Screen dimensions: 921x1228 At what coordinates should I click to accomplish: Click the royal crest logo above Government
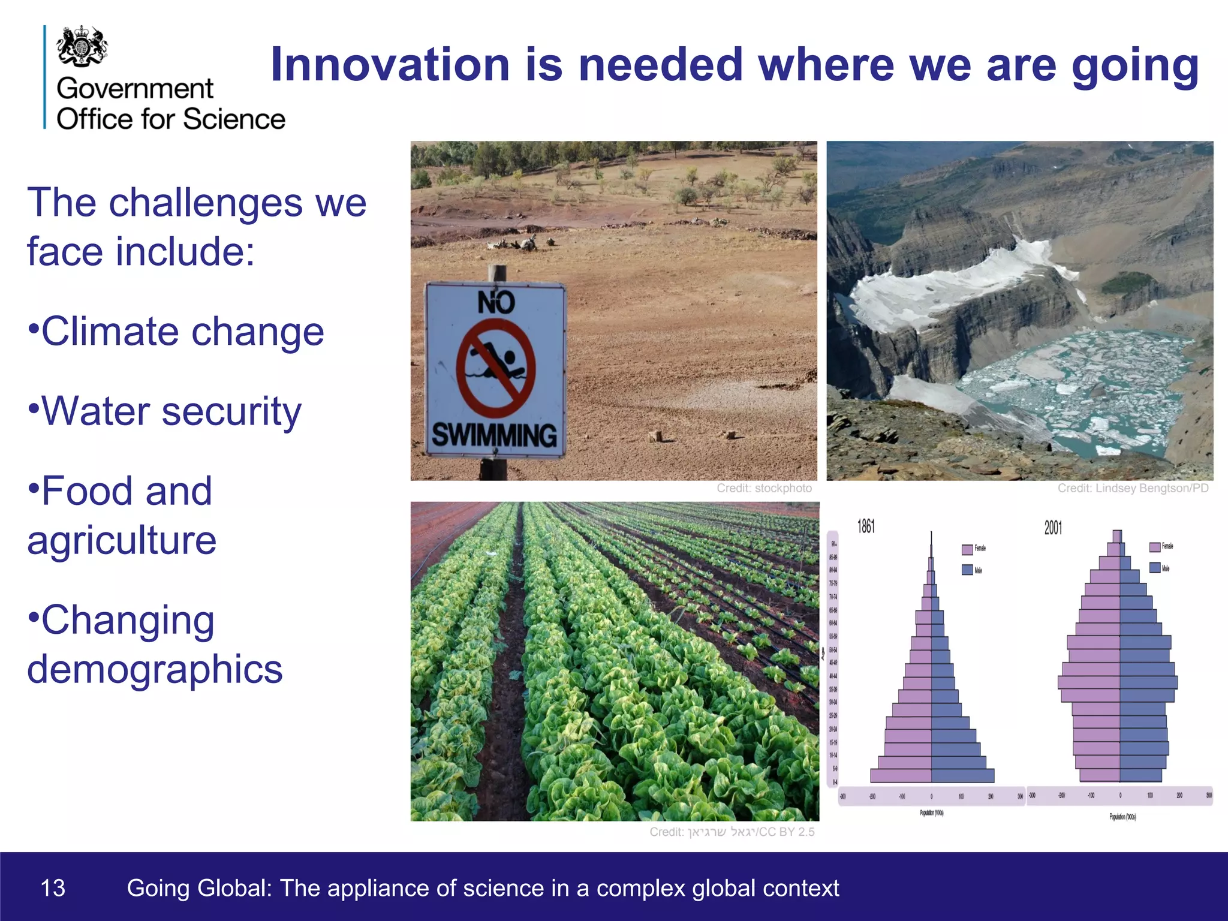pos(82,46)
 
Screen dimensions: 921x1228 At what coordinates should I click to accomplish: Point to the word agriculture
pos(122,540)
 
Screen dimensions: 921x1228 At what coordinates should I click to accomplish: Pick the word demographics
pos(155,669)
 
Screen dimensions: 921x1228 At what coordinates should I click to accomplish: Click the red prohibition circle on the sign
pos(495,368)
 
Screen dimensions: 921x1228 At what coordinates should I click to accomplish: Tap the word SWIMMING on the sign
pos(495,435)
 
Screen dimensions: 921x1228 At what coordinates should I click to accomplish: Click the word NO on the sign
pos(496,302)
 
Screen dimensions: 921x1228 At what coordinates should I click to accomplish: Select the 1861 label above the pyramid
pos(866,526)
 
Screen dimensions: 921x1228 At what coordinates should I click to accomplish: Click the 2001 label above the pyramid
pos(1053,528)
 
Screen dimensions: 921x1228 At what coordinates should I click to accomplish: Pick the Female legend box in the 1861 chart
pos(967,549)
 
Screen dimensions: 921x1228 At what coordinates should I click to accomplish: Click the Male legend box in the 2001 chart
pos(1155,567)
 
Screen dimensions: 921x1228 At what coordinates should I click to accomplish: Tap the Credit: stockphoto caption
pos(764,488)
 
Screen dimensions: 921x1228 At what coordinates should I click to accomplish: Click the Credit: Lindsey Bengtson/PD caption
pos(1133,488)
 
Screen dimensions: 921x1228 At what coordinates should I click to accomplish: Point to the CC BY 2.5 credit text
pos(787,832)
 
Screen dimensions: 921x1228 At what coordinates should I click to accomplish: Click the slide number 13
pos(53,888)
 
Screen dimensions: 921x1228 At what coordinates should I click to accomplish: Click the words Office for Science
pos(171,119)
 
